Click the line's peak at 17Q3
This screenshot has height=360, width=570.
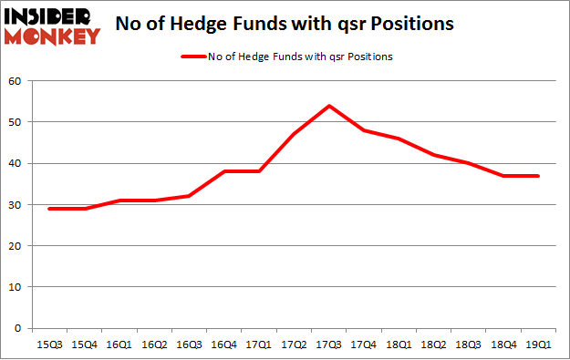tap(328, 106)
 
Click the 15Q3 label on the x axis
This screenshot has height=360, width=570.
tap(49, 345)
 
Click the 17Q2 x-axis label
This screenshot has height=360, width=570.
tap(295, 345)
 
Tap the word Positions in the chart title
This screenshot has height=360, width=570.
tap(410, 26)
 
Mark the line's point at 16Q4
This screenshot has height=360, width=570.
tap(224, 172)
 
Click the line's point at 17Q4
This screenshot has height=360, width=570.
tap(364, 130)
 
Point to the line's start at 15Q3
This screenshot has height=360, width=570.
tap(49, 209)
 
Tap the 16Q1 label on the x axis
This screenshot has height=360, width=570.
tap(119, 345)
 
